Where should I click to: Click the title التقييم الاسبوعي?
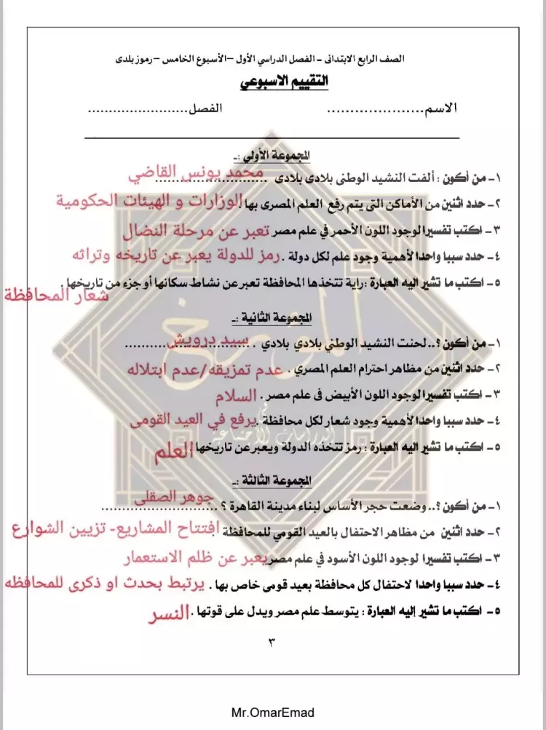[285, 82]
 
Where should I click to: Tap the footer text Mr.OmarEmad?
[272, 713]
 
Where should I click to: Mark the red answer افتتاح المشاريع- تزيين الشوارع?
[116, 529]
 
